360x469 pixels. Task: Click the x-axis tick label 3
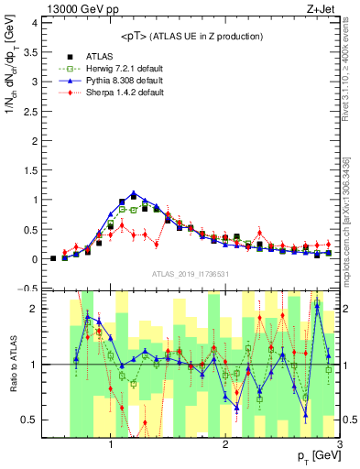(x=340, y=444)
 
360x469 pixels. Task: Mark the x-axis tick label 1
(x=111, y=444)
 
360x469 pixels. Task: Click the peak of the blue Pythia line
(x=134, y=193)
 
